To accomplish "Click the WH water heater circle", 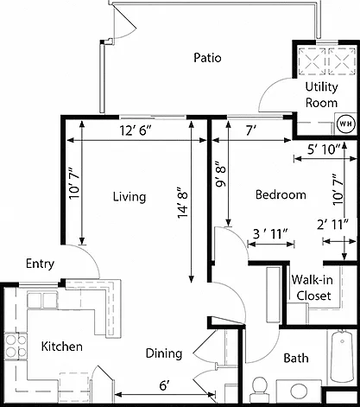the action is pyautogui.click(x=346, y=124).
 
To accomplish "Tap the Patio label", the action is pyautogui.click(x=207, y=58).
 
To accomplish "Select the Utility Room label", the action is pyautogui.click(x=321, y=95).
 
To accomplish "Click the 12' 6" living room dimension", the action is pyautogui.click(x=136, y=131).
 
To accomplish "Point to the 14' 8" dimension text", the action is pyautogui.click(x=183, y=202).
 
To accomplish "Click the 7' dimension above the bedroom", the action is pyautogui.click(x=251, y=131).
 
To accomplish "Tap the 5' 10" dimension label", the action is pyautogui.click(x=324, y=149).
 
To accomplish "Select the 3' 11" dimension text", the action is pyautogui.click(x=270, y=234).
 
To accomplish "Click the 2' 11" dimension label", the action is pyautogui.click(x=333, y=225).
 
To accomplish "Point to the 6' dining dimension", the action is pyautogui.click(x=164, y=385).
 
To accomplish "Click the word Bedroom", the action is pyautogui.click(x=281, y=194).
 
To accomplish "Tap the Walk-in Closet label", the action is pyautogui.click(x=313, y=288).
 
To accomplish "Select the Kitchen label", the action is pyautogui.click(x=62, y=347).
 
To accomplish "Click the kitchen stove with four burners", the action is pyautogui.click(x=16, y=346).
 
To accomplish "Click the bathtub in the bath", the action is pyautogui.click(x=342, y=356).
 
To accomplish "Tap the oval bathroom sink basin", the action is pyautogui.click(x=300, y=391).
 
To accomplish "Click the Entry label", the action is pyautogui.click(x=40, y=264).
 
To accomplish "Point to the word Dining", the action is pyautogui.click(x=164, y=353).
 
